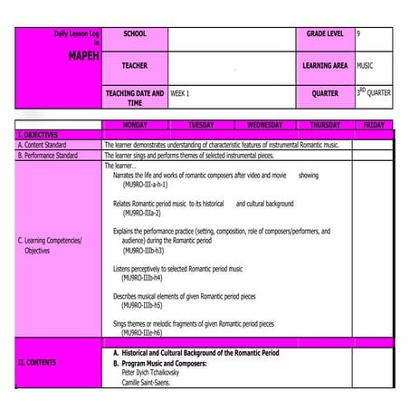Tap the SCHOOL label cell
(134, 34)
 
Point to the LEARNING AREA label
(325, 66)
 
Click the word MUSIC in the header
(365, 65)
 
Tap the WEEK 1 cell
(180, 93)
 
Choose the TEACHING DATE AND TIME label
(135, 98)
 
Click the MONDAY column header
(135, 125)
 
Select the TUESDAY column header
(201, 125)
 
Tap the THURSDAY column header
(325, 125)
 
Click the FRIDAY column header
(373, 125)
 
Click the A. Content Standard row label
(49, 144)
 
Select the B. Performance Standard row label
(54, 155)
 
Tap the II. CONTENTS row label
(37, 362)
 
